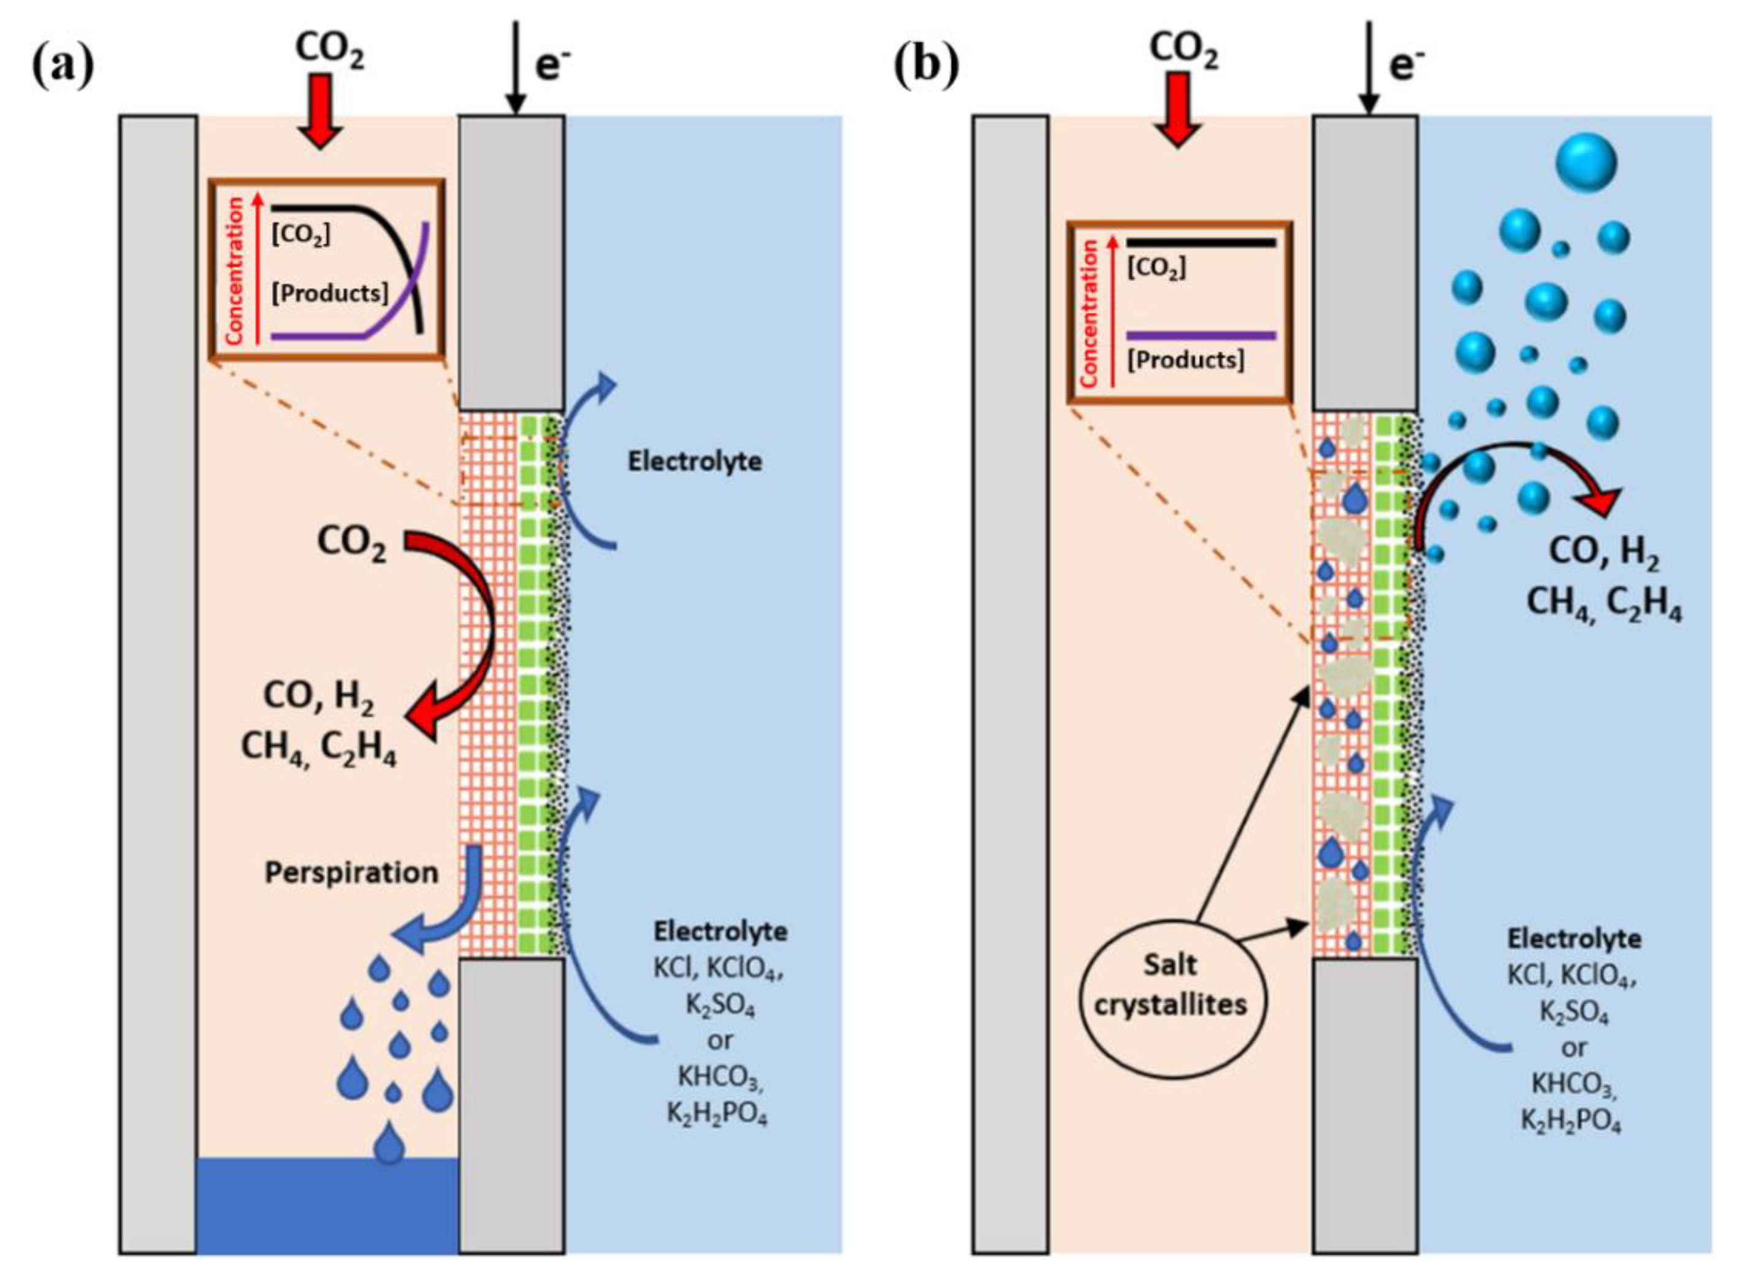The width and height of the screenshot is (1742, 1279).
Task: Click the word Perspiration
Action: pyautogui.click(x=351, y=872)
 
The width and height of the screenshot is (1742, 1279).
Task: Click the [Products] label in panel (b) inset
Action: pyautogui.click(x=1185, y=361)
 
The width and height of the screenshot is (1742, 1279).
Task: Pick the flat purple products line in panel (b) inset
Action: pyautogui.click(x=1201, y=336)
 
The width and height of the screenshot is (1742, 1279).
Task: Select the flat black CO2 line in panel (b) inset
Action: pyautogui.click(x=1201, y=243)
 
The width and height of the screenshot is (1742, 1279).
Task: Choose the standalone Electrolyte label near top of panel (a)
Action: pyautogui.click(x=695, y=462)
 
